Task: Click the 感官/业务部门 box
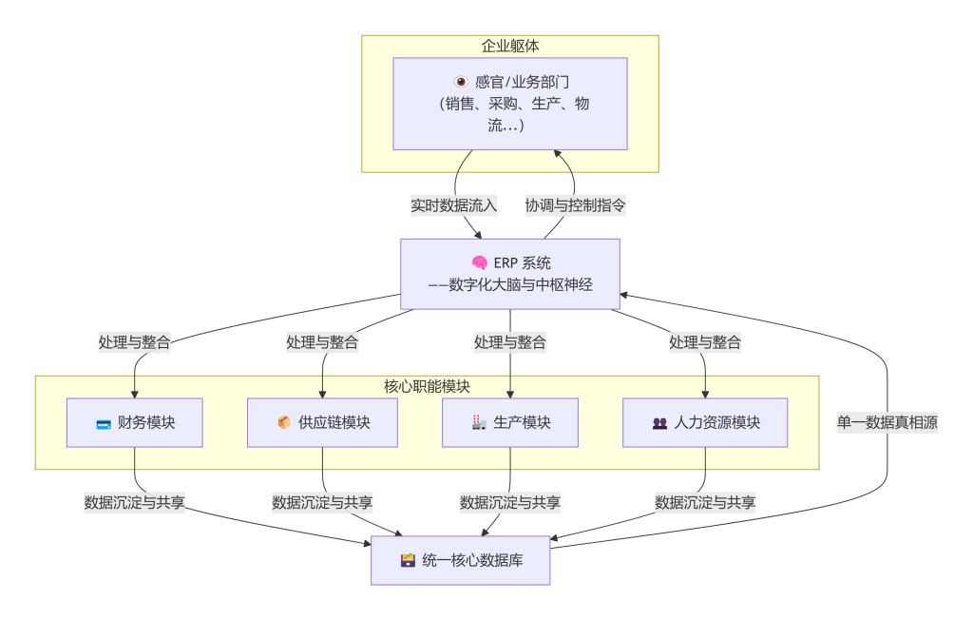(x=510, y=104)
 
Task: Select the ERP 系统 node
(x=510, y=274)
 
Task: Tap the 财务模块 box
(x=135, y=423)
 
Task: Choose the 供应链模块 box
(x=322, y=423)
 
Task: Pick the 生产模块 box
(x=510, y=423)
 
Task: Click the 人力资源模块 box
(x=705, y=423)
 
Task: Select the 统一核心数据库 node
(x=461, y=560)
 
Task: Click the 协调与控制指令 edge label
(x=576, y=204)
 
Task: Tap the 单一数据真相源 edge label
(x=887, y=423)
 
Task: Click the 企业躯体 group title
(x=510, y=46)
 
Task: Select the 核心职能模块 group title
(x=427, y=386)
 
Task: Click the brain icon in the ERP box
(x=480, y=263)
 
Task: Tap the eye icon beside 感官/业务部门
(x=461, y=83)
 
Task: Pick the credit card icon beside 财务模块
(x=104, y=424)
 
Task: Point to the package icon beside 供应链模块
(x=284, y=423)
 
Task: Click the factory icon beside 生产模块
(x=479, y=423)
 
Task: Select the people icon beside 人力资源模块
(x=659, y=424)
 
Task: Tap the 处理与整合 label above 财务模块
(x=135, y=342)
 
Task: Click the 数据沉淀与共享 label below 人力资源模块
(x=705, y=502)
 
